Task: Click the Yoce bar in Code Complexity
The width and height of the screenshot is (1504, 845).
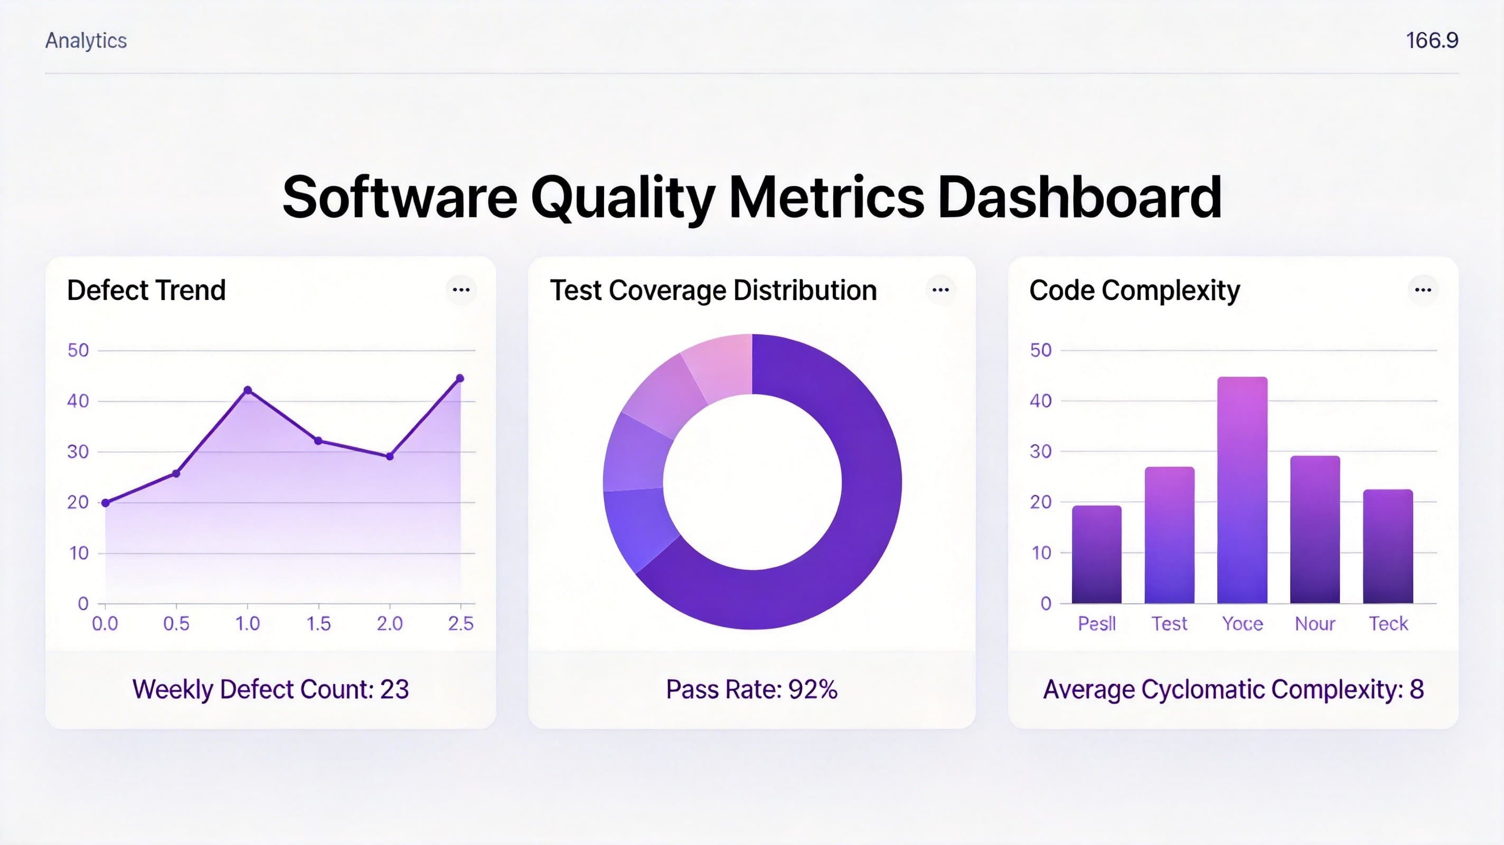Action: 1242,491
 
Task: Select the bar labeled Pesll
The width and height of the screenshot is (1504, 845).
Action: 1096,555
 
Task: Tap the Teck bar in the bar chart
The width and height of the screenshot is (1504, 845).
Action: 1388,547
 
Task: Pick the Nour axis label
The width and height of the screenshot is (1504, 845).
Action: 1315,624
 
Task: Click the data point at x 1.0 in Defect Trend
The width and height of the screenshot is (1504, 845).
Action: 248,390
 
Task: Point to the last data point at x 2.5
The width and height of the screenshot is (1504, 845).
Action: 460,379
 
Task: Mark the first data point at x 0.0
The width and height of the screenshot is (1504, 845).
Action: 106,503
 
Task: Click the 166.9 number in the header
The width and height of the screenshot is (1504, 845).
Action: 1432,40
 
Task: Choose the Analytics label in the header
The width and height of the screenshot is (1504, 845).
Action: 86,40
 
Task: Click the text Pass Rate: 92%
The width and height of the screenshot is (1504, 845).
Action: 751,690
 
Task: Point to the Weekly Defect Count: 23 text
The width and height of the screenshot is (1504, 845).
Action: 270,690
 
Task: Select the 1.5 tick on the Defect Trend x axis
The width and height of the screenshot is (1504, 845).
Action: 319,624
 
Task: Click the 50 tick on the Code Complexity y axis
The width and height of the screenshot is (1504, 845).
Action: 1040,350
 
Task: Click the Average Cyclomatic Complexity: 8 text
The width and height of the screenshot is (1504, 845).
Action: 1233,690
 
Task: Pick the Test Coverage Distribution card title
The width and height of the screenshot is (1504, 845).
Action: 713,290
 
